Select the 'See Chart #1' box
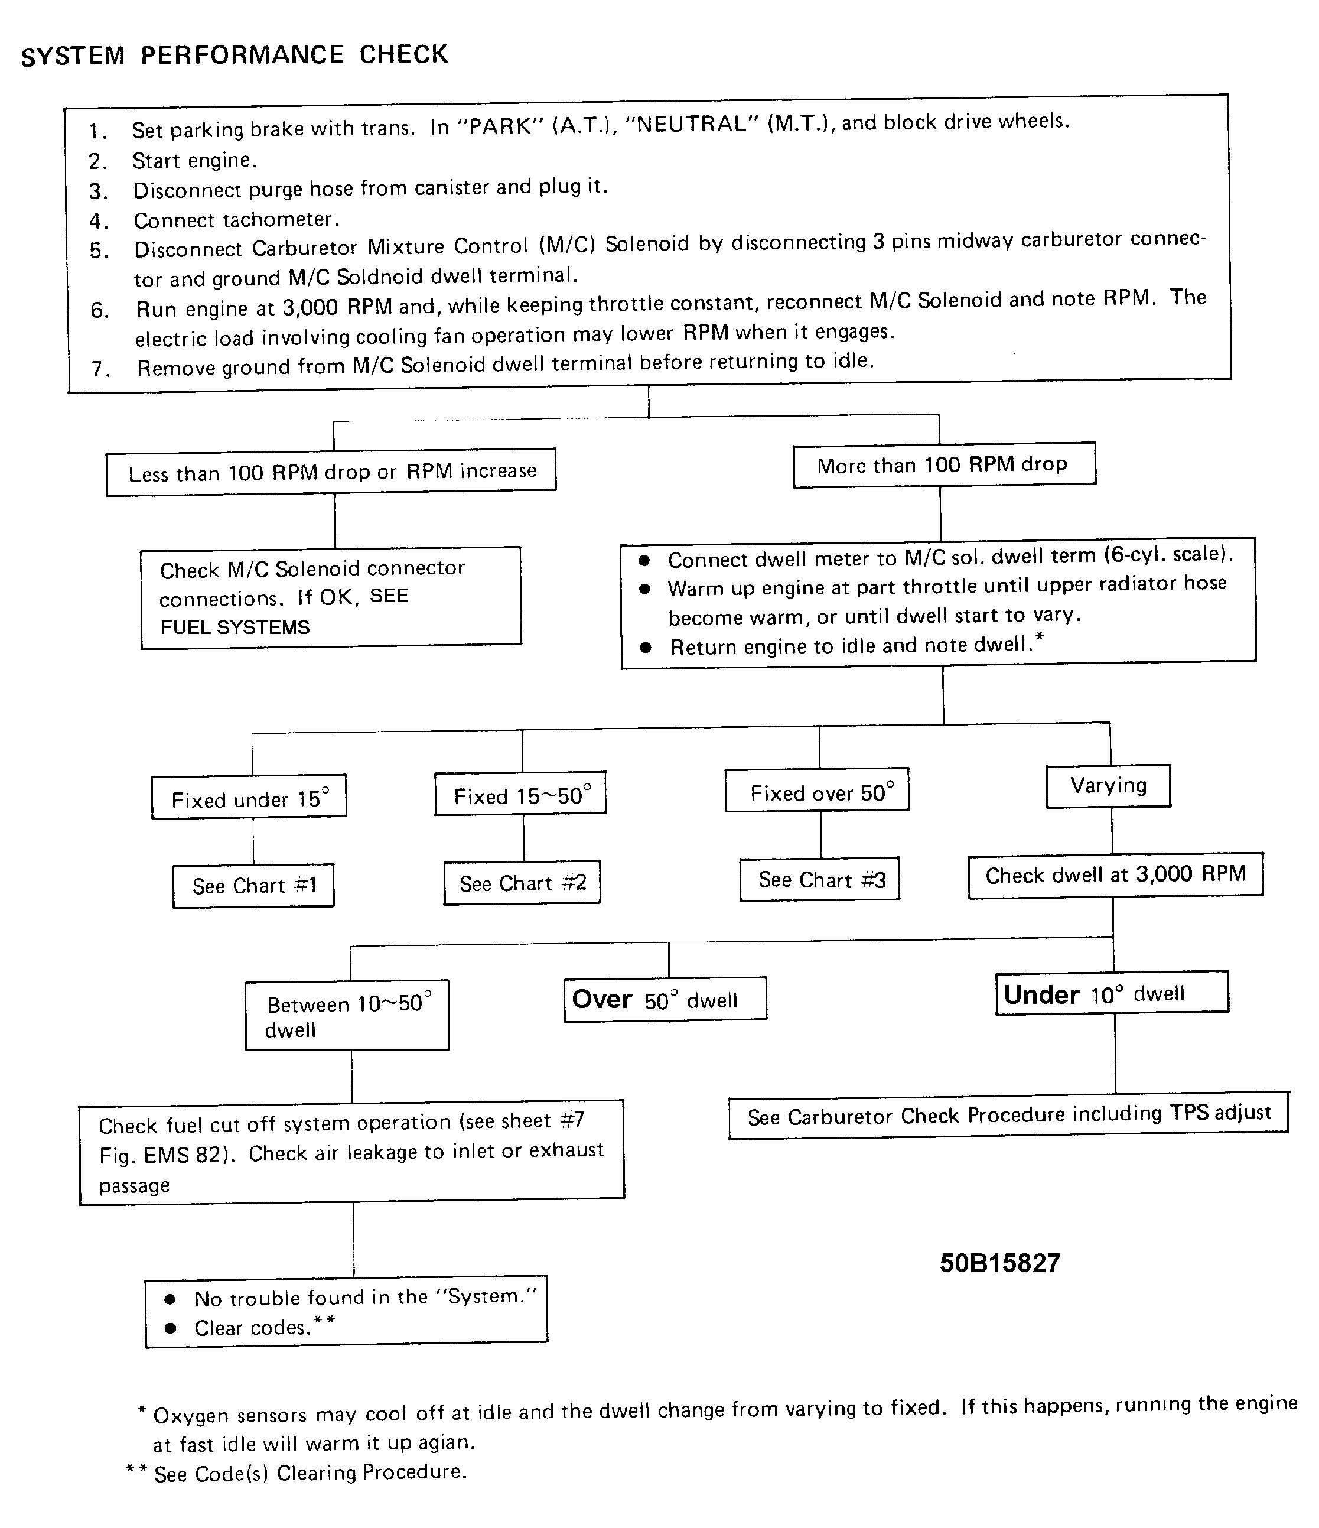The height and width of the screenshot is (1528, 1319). (253, 886)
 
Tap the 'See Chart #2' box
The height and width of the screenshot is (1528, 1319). (522, 883)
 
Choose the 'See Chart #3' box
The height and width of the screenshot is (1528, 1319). (820, 880)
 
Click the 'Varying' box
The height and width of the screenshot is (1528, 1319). (1108, 786)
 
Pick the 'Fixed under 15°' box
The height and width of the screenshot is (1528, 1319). (249, 798)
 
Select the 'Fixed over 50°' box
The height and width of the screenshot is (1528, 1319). (817, 791)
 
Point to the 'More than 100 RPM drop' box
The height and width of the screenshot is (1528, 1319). (944, 464)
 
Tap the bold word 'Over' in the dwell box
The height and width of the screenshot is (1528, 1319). (602, 999)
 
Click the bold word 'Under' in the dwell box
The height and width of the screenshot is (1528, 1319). (1041, 995)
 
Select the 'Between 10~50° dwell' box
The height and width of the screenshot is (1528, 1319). (347, 1016)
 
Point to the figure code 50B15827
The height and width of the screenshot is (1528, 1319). (1000, 1263)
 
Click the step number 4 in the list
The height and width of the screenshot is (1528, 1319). (97, 221)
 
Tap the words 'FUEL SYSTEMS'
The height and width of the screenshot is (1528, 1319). (235, 628)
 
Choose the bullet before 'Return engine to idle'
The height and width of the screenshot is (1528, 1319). (646, 648)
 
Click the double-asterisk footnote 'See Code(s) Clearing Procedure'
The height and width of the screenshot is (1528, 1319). (310, 1472)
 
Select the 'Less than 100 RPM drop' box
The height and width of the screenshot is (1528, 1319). (331, 472)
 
